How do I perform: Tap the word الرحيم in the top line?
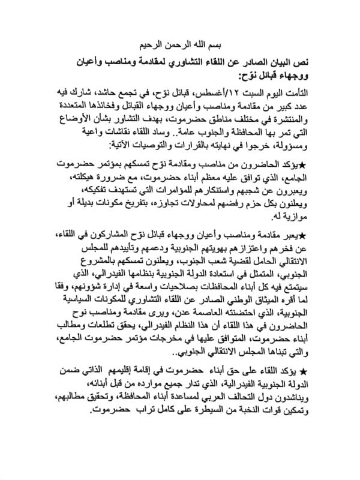pyautogui.click(x=155, y=45)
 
